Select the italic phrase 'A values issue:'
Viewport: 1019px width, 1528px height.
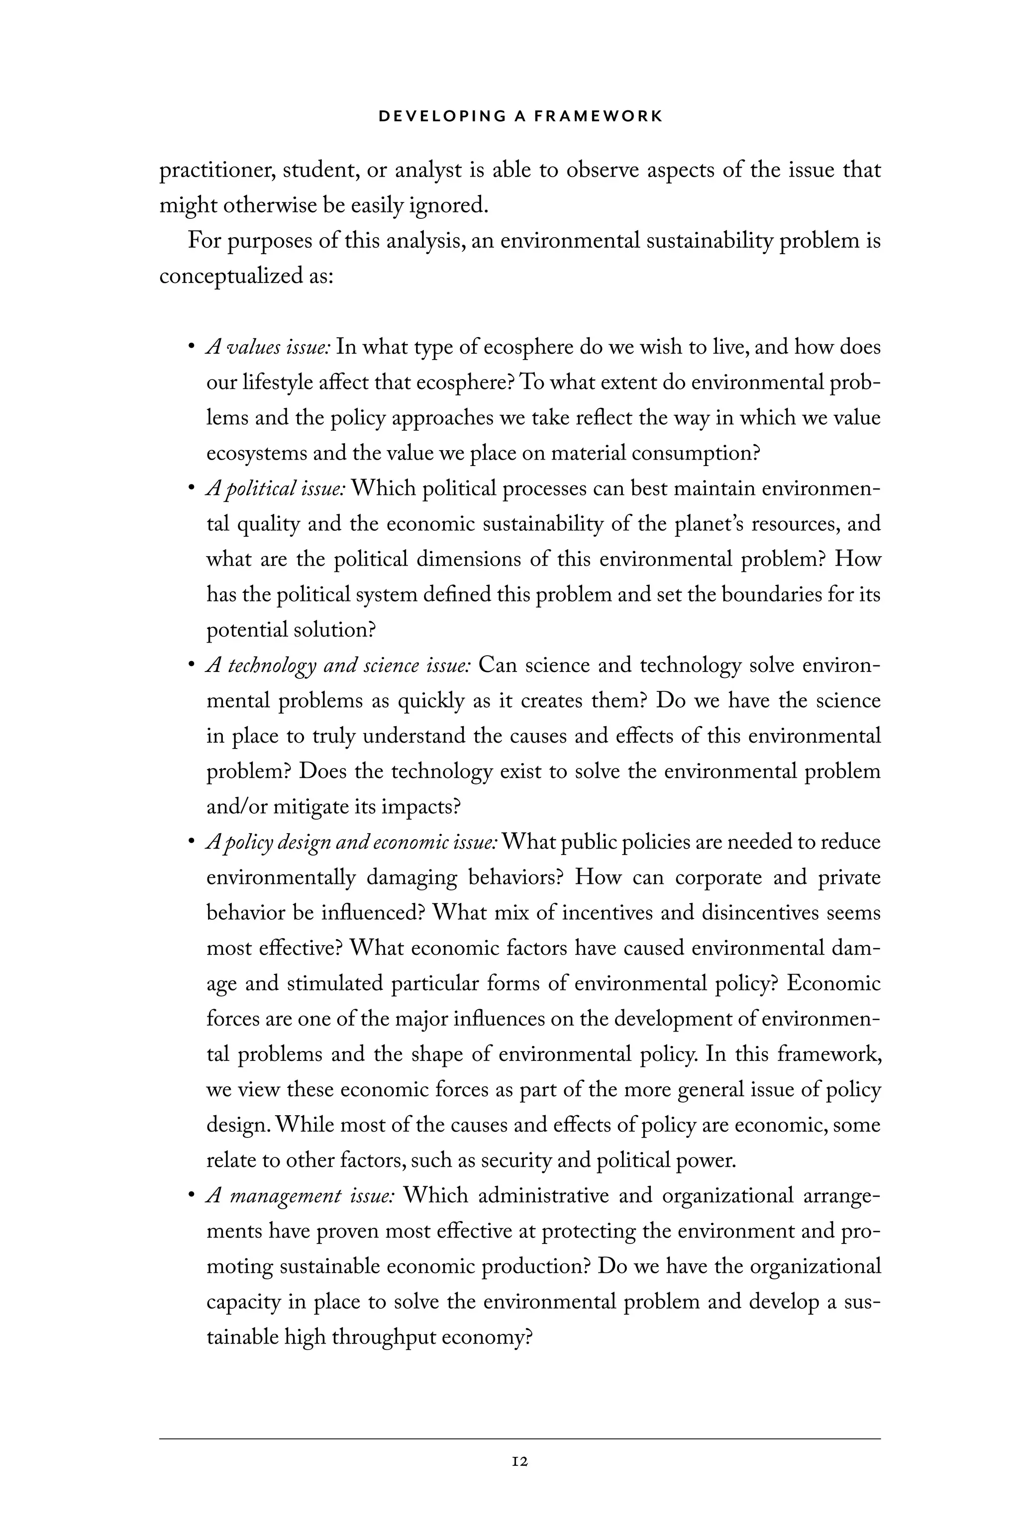(x=268, y=348)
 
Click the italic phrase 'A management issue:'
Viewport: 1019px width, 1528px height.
(x=300, y=1195)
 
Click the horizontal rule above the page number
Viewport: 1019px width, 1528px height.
(x=519, y=1438)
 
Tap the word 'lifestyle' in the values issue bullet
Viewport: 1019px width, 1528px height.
(x=277, y=382)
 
